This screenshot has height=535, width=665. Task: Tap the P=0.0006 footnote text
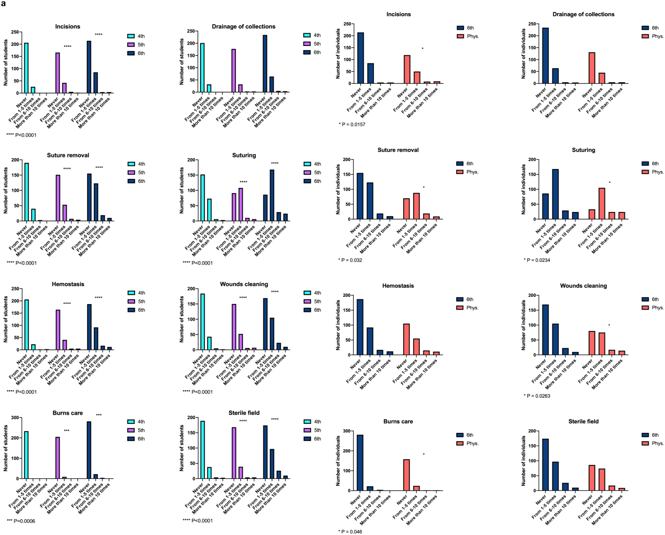point(21,521)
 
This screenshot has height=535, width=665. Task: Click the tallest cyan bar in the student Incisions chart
point(26,68)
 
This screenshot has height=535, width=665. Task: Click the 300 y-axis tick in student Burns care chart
point(15,418)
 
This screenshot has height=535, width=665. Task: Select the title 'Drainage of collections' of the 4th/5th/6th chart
point(243,26)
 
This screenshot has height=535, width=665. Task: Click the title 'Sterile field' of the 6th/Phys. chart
point(583,421)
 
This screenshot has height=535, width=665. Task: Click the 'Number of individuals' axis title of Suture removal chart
point(338,189)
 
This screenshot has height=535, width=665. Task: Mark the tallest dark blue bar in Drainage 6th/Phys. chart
point(545,56)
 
